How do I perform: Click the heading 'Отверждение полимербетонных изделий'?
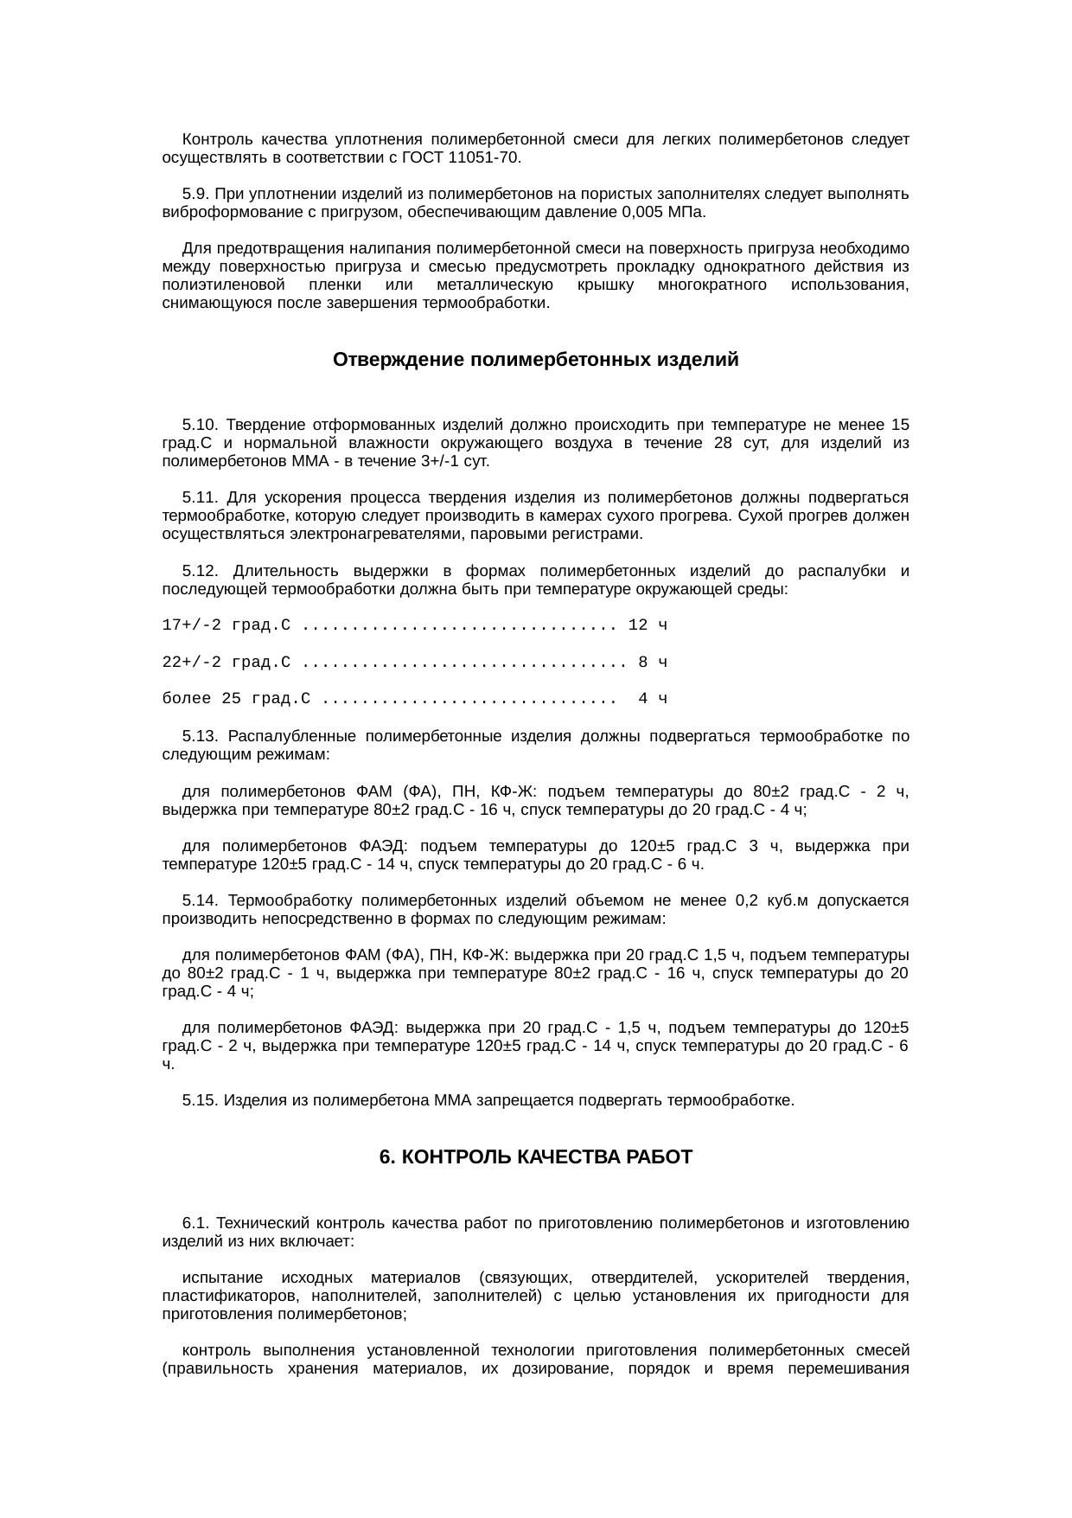tap(535, 360)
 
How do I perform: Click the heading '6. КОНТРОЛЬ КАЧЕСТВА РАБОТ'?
tap(535, 1157)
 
